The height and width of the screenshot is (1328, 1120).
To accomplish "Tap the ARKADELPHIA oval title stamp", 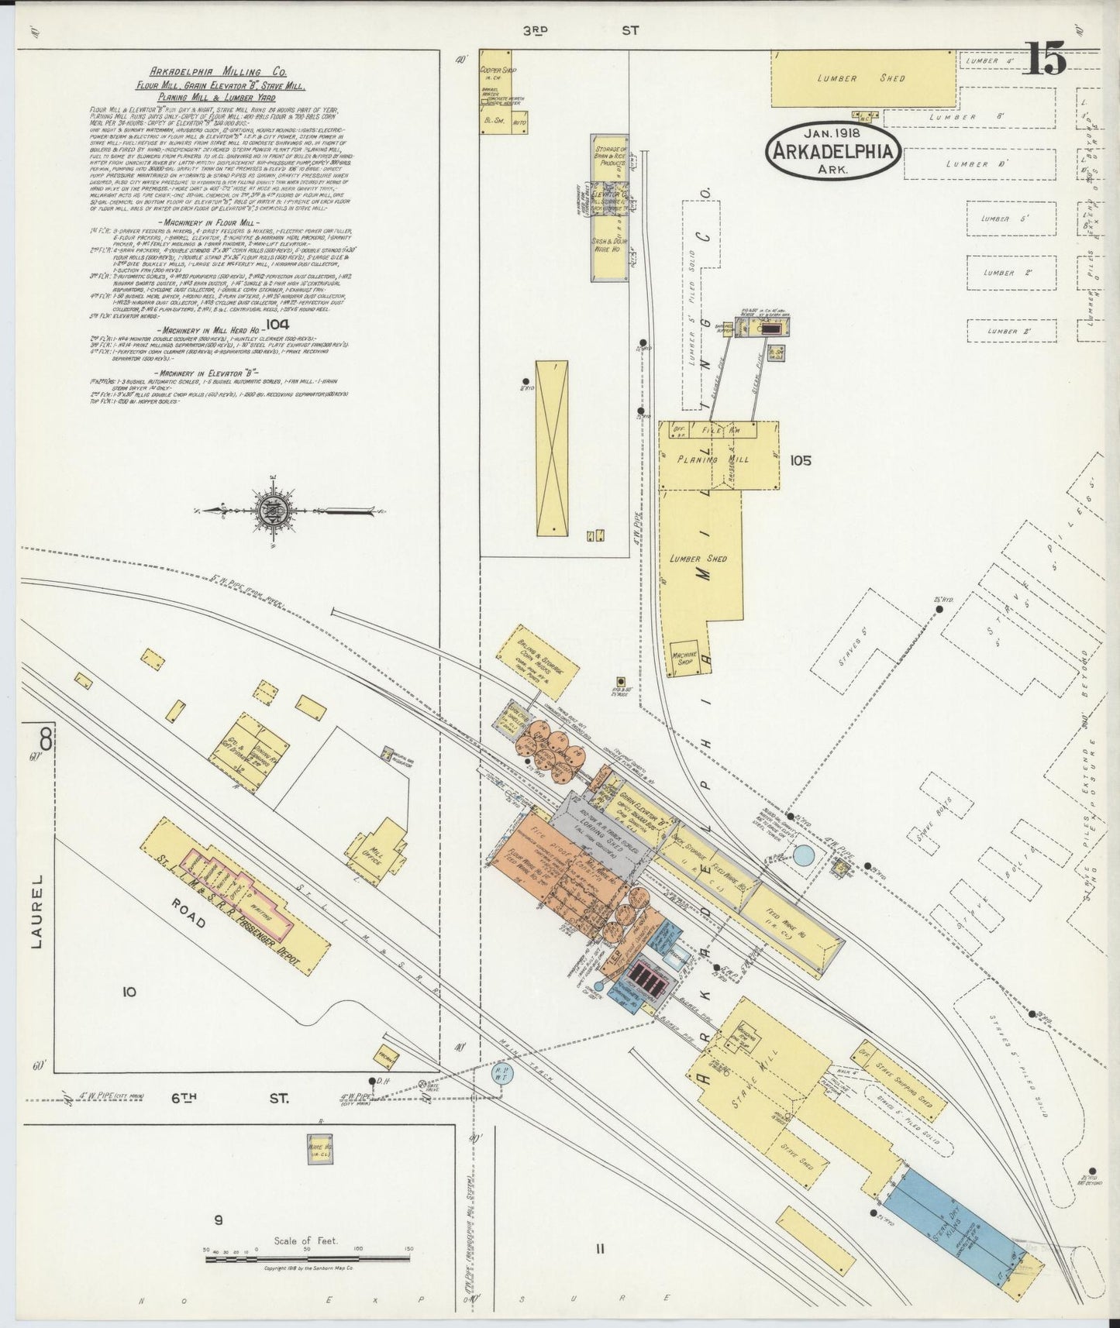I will coord(834,150).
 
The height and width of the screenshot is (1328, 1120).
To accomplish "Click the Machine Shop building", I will coord(684,659).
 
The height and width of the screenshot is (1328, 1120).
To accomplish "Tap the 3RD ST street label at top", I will coord(581,30).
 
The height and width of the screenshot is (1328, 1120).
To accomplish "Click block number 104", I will coord(276,324).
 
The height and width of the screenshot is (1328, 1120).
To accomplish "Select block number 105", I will coord(800,460).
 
